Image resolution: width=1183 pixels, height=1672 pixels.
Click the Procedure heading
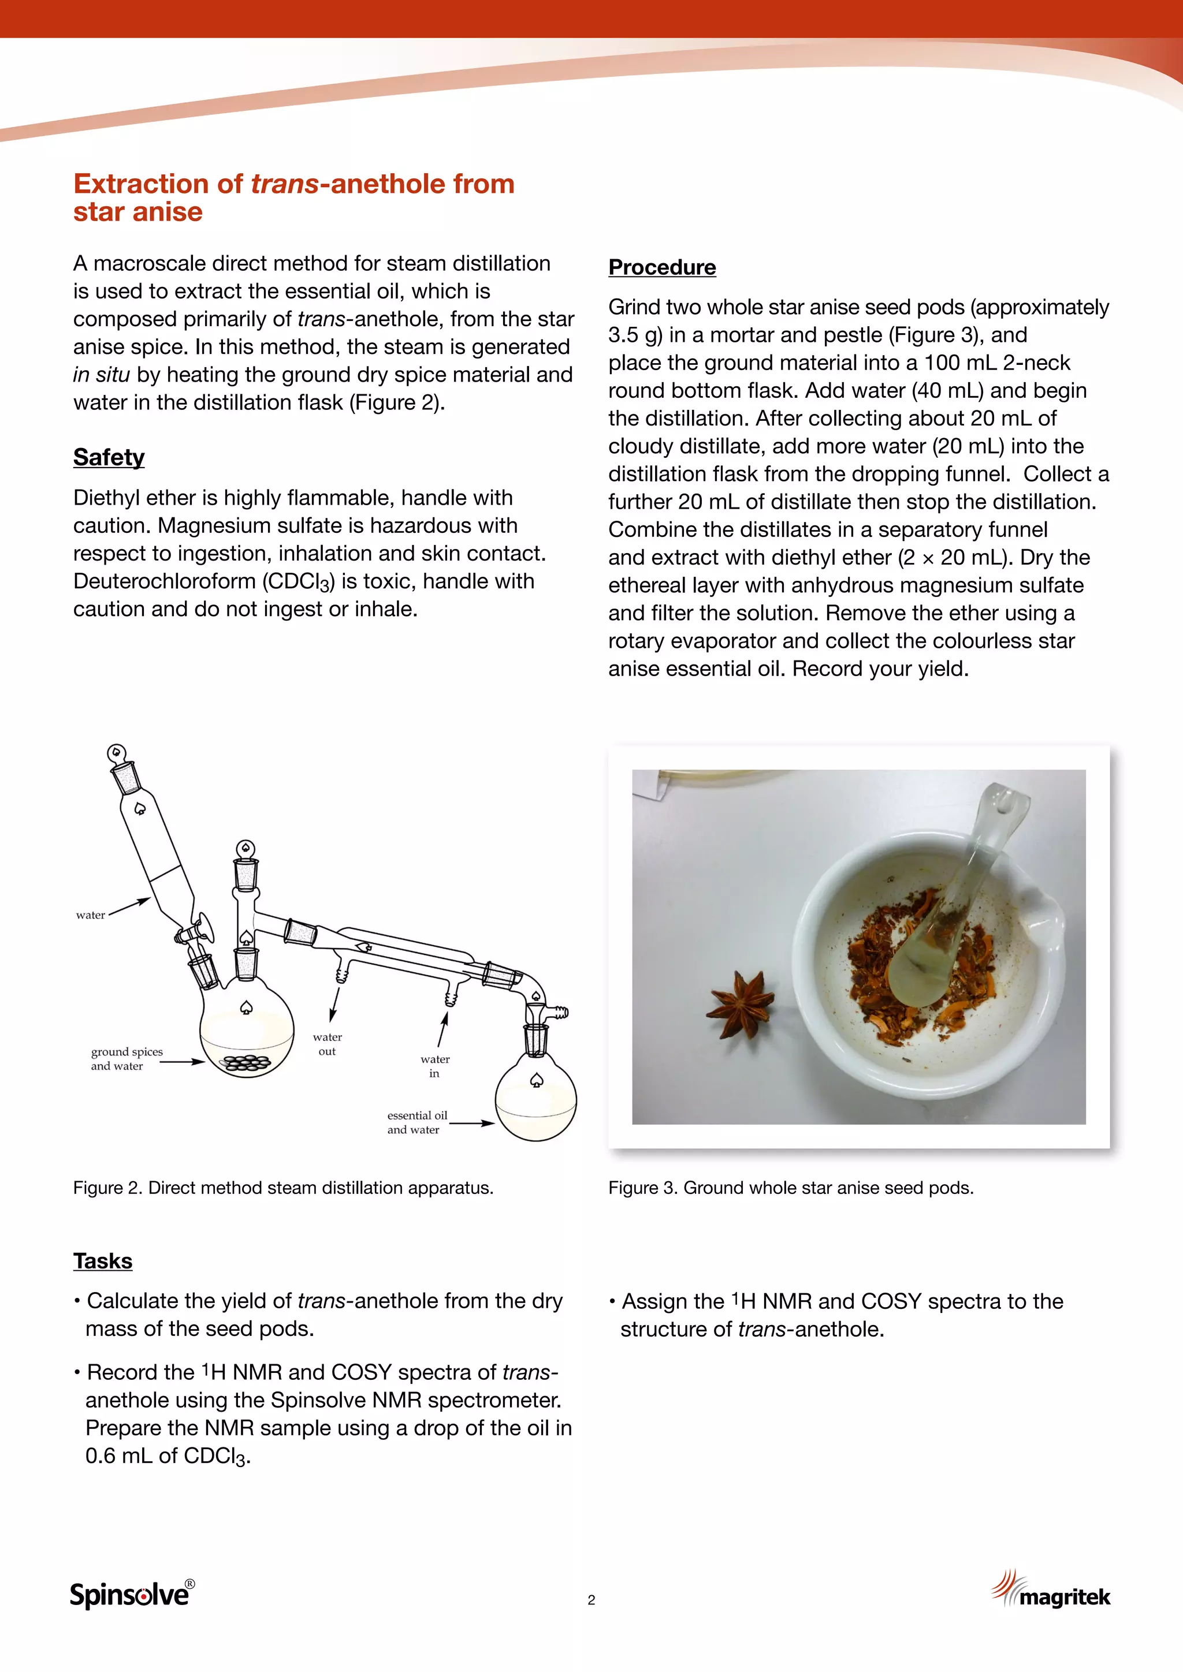point(661,267)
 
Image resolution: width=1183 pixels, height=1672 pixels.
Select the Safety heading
point(109,457)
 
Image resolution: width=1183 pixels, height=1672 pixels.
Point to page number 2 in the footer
point(591,1600)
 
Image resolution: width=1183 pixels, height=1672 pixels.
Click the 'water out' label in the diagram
point(327,1043)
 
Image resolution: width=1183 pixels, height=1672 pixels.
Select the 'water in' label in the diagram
point(435,1065)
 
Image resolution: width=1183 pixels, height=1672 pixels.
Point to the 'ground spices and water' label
point(126,1058)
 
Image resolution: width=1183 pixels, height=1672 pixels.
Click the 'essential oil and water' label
point(416,1122)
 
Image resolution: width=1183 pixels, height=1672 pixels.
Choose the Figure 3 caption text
point(790,1188)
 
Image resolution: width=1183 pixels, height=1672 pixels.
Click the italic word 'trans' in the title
point(284,184)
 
